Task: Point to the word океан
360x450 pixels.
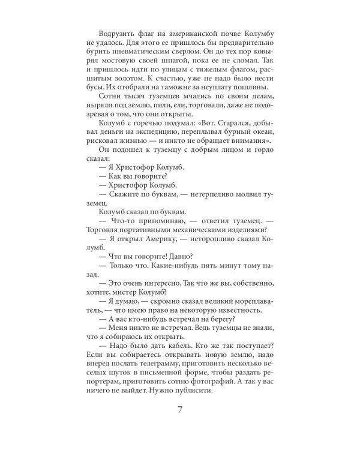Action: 261,149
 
